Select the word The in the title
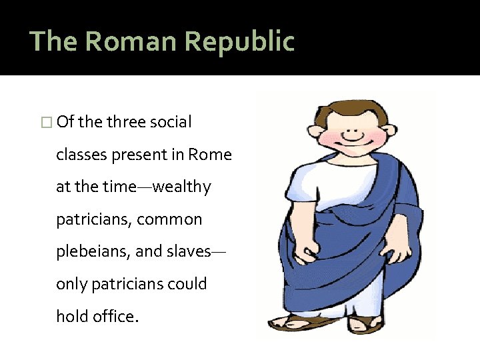[x=54, y=41]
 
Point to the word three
[x=128, y=122]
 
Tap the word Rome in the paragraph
[x=210, y=155]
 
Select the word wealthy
[x=181, y=187]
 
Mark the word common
[x=169, y=219]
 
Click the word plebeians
[x=93, y=252]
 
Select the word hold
[x=72, y=317]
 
